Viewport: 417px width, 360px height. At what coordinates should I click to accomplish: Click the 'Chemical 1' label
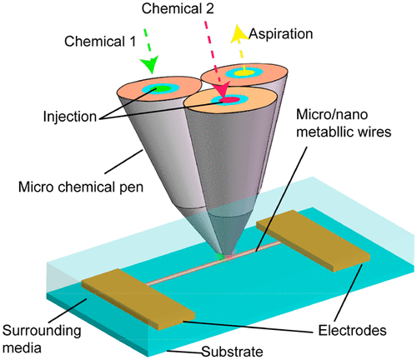[x=100, y=42]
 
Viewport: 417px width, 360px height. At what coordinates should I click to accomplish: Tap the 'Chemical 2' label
[x=178, y=8]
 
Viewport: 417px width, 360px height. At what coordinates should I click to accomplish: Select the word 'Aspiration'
[x=281, y=34]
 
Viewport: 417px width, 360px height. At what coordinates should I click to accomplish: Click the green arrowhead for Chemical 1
[x=150, y=64]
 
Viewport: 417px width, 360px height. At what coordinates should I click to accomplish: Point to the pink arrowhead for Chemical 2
[x=221, y=88]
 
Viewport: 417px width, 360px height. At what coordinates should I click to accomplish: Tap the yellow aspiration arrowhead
[x=239, y=34]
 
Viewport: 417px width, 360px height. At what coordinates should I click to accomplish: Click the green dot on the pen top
[x=157, y=89]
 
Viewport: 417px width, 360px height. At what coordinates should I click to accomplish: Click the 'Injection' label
[x=70, y=117]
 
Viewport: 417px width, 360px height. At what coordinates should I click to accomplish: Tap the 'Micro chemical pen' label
[x=81, y=187]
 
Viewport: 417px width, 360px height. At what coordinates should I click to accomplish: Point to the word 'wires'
[x=374, y=132]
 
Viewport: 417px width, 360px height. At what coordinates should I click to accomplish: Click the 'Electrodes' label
[x=352, y=331]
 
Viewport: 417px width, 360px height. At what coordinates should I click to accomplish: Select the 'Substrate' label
[x=232, y=352]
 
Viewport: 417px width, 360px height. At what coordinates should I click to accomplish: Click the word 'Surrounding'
[x=42, y=331]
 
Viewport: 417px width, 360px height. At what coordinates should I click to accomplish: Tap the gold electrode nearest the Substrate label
[x=138, y=299]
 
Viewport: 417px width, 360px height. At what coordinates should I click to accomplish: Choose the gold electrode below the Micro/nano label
[x=313, y=241]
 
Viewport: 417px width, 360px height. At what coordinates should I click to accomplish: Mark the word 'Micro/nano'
[x=332, y=114]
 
